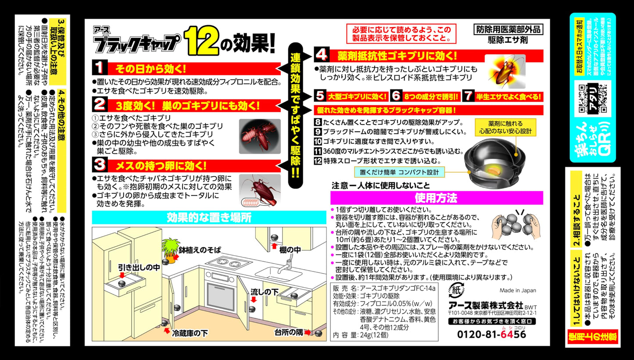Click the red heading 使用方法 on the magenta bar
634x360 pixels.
[436, 198]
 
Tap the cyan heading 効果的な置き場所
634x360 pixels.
[209, 217]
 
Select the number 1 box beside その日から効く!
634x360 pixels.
[100, 68]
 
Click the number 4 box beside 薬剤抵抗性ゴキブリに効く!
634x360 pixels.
[322, 56]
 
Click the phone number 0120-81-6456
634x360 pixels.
[491, 334]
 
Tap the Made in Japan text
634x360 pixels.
[518, 290]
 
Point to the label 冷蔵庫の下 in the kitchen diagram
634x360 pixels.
[190, 333]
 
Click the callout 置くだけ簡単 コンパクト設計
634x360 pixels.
[398, 171]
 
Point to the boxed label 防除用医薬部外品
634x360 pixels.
[509, 29]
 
